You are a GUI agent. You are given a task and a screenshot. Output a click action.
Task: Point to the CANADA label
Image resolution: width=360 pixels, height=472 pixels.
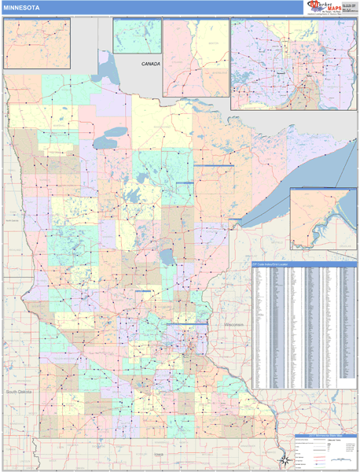pos(150,63)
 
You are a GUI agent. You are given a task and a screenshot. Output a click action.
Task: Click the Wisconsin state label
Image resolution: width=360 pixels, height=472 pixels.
pos(235,325)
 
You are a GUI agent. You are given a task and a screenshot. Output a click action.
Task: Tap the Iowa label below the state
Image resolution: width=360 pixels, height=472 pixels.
pos(160,454)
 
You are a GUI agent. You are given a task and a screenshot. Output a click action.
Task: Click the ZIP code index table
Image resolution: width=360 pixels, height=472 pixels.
pos(303,326)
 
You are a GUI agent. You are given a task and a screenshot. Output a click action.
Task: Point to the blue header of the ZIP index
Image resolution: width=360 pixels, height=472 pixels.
pos(303,265)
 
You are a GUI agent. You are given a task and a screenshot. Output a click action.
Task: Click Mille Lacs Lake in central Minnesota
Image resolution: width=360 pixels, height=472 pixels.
pos(167,257)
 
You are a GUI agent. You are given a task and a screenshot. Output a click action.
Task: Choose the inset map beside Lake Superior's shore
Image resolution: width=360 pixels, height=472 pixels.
pos(322,218)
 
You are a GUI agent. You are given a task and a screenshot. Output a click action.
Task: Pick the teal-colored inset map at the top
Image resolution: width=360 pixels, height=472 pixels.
pos(137,36)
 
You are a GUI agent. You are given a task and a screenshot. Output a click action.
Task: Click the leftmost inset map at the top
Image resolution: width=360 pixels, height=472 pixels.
pos(36,44)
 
